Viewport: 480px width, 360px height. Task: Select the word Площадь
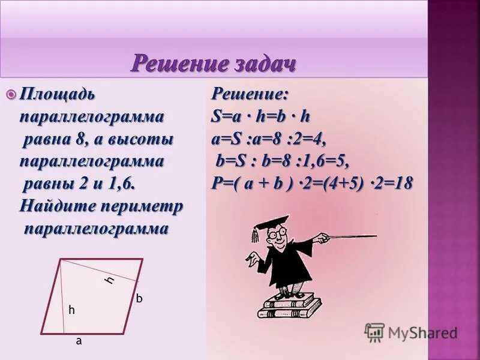click(x=57, y=94)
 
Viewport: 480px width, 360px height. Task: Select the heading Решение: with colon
click(x=250, y=94)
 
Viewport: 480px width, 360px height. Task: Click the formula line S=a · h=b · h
click(x=260, y=116)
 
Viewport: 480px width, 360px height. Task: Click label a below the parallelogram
click(x=78, y=340)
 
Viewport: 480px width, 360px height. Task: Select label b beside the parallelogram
click(x=138, y=298)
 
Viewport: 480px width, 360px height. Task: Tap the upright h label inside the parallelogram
click(x=71, y=310)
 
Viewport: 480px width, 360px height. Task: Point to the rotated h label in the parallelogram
click(x=110, y=280)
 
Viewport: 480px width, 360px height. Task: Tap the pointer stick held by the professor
click(x=351, y=236)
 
